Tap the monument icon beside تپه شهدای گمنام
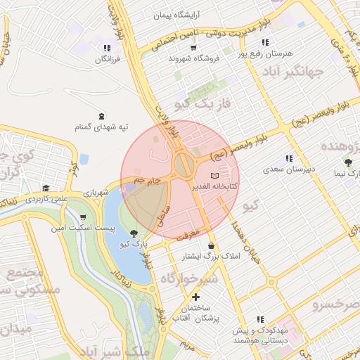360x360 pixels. click(x=103, y=115)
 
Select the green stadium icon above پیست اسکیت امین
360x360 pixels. click(x=84, y=217)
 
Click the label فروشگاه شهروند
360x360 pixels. click(x=194, y=59)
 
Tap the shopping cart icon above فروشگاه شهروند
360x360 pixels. click(x=193, y=48)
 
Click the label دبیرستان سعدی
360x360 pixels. click(x=288, y=169)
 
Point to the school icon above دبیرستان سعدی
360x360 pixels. click(x=289, y=158)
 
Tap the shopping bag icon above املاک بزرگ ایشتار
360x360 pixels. click(x=211, y=245)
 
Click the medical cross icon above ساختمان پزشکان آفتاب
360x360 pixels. click(x=195, y=297)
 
